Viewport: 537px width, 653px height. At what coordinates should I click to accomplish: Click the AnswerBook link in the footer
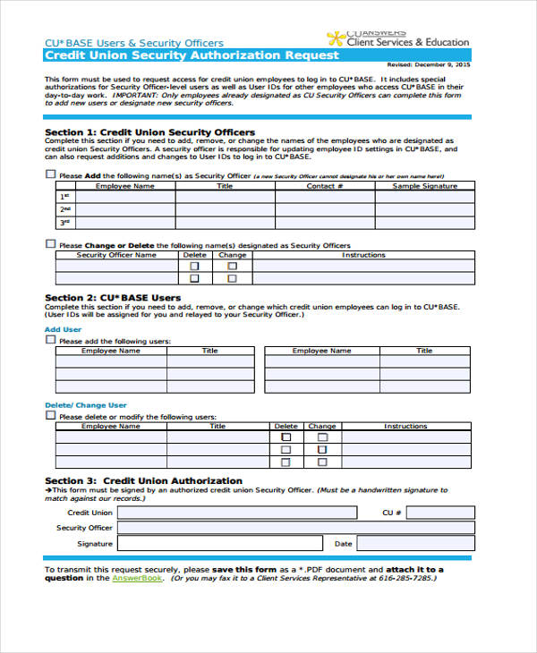pos(137,578)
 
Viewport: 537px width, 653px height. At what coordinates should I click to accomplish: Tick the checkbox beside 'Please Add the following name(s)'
pos(50,175)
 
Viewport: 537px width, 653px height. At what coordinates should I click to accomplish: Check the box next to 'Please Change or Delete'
pos(50,243)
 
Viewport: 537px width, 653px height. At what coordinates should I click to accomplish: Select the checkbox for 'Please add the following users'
pos(50,340)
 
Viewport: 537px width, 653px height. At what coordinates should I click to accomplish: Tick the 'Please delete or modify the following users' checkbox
pos(50,416)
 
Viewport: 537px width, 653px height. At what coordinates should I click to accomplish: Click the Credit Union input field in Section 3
pos(237,513)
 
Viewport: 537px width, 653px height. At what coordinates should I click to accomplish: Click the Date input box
pos(413,543)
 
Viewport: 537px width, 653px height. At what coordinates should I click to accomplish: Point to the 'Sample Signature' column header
pos(424,186)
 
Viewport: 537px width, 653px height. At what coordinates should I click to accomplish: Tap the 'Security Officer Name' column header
pos(115,255)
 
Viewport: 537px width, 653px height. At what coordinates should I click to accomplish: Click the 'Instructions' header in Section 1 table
pos(363,255)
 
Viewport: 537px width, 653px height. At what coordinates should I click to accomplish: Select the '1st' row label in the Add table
pos(65,197)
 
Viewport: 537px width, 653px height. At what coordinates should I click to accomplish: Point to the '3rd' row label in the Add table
pos(65,222)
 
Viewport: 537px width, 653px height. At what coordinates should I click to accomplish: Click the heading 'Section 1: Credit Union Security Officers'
pos(149,132)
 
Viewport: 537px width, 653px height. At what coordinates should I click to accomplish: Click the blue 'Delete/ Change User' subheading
pos(86,405)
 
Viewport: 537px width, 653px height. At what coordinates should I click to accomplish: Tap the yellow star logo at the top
pos(335,38)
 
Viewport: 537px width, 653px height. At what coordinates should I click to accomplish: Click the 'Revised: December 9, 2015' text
pos(429,64)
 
